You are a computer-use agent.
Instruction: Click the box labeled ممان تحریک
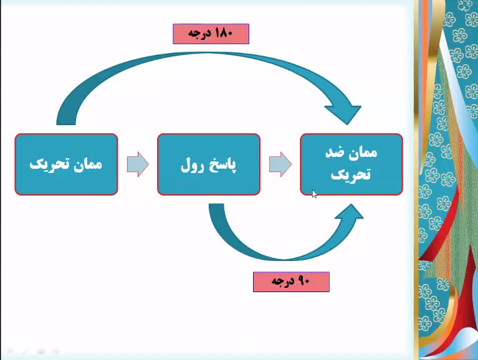click(x=66, y=164)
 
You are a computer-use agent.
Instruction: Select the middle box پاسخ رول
click(x=209, y=164)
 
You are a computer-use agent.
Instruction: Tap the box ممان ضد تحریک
click(x=351, y=164)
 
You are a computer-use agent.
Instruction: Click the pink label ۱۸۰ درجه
click(x=211, y=34)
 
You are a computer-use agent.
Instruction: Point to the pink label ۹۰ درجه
click(x=291, y=282)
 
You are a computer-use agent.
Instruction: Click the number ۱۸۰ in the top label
click(x=224, y=33)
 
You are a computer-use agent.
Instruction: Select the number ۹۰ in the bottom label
click(x=303, y=281)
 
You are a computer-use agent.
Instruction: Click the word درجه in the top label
click(x=199, y=34)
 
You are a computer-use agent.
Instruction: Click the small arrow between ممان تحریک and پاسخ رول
click(x=138, y=164)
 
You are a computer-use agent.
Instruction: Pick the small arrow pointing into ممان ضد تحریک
click(x=280, y=164)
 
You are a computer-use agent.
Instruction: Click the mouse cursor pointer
click(x=315, y=194)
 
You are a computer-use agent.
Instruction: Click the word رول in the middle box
click(x=192, y=165)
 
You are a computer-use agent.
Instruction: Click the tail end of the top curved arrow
click(x=66, y=123)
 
